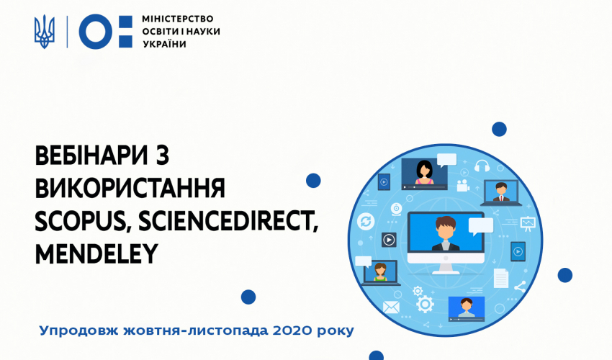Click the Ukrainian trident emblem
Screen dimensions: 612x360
(45, 32)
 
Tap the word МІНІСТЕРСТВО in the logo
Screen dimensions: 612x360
(178, 19)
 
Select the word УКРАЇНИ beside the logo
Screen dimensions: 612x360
(164, 44)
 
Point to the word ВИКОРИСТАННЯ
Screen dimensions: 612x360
(130, 188)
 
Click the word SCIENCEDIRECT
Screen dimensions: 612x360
(228, 221)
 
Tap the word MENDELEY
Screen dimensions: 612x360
(96, 253)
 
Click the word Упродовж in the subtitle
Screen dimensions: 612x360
(79, 331)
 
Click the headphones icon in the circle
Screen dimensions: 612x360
(482, 166)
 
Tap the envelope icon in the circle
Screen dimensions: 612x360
(391, 307)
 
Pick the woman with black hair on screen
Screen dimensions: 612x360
(424, 172)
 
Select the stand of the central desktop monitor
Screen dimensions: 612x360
(446, 267)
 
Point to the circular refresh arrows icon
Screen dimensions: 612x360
(366, 222)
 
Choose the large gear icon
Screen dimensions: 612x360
(425, 304)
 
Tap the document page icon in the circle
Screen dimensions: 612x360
(501, 278)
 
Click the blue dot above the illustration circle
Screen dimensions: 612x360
(499, 130)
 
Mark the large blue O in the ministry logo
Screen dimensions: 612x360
(96, 32)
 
